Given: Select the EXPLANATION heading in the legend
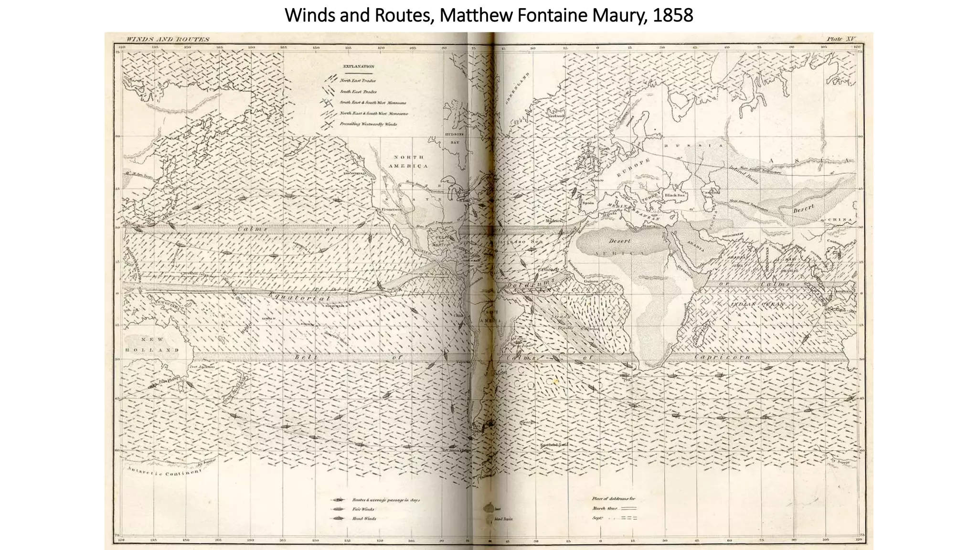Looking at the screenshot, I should pos(358,67).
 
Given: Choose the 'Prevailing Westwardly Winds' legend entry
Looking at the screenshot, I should pos(368,124).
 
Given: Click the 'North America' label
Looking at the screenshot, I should pos(408,161).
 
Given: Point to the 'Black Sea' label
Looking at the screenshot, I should pos(675,195).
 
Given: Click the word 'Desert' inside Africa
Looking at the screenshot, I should pos(619,241).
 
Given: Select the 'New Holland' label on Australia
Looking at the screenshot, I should pos(152,344).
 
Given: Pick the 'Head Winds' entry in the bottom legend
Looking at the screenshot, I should pos(364,518).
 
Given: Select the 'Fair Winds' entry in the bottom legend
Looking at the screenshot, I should pos(363,509).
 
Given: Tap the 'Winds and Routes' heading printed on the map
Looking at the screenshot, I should pos(168,39).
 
